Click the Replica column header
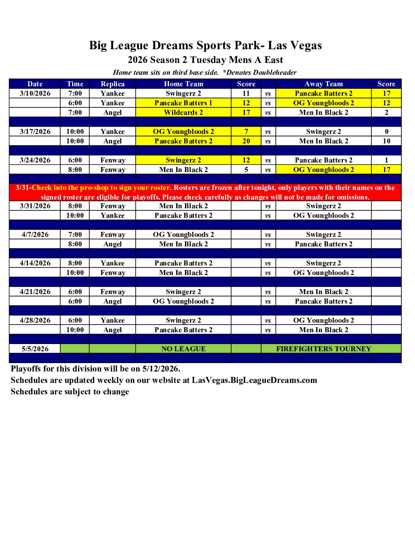(113, 84)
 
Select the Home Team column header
(183, 84)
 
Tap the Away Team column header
(323, 84)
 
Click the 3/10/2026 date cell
(35, 93)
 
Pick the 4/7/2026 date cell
(35, 235)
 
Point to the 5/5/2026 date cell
(35, 349)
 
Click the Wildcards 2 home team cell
(183, 113)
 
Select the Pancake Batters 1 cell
(183, 103)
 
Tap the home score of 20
(246, 141)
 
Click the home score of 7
(246, 132)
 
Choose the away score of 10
(386, 141)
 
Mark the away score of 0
(386, 132)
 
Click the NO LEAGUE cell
(183, 349)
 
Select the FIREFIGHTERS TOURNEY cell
(323, 349)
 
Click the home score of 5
(246, 170)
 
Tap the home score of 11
(246, 93)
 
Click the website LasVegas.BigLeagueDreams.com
(254, 380)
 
